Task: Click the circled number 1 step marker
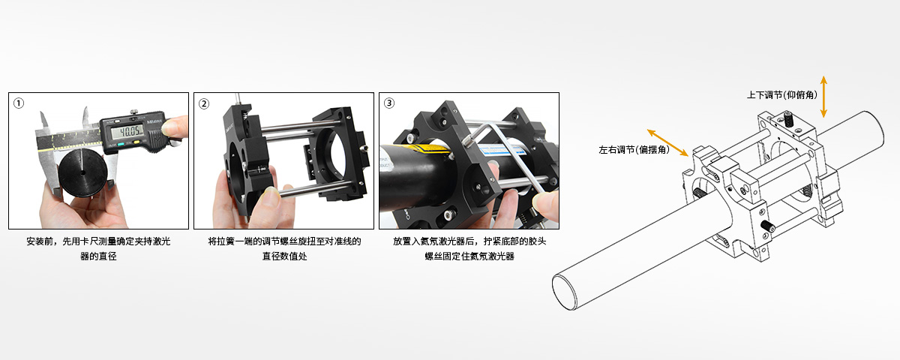coord(19,103)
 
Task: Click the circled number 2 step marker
coord(204,103)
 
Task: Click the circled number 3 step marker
coord(389,103)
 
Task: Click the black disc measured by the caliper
coord(82,173)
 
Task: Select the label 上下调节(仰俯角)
coord(781,94)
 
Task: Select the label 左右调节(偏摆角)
coord(634,150)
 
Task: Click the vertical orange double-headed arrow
coord(823,97)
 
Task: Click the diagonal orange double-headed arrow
coord(667,142)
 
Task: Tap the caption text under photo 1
coord(98,248)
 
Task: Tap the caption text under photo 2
coord(284,248)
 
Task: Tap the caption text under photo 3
coord(469,248)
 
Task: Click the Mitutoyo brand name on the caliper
coord(154,121)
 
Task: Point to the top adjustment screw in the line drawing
coord(788,119)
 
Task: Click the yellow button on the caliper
coord(136,142)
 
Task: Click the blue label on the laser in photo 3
coord(502,151)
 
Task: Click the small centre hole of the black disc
coord(82,173)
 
